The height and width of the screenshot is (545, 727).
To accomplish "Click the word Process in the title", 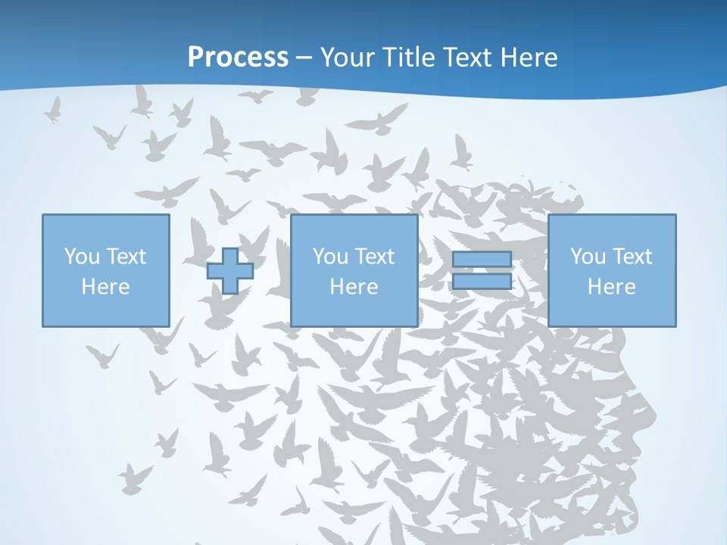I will coord(238,58).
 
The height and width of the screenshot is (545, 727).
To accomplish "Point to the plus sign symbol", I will coord(229,271).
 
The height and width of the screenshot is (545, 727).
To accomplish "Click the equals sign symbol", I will coord(482,271).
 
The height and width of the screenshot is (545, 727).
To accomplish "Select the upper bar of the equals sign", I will coord(482,260).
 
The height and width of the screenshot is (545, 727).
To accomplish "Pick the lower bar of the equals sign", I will coord(482,282).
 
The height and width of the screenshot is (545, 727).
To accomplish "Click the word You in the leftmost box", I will coord(81,257).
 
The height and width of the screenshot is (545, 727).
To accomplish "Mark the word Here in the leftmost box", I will coord(105,287).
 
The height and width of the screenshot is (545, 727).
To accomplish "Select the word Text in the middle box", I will coord(374,257).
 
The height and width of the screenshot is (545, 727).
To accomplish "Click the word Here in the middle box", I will coord(354,287).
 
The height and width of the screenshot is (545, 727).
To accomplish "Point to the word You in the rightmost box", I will coord(587,257).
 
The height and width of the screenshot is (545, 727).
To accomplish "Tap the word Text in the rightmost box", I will coord(632,257).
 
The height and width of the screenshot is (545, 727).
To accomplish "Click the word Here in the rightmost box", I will coord(611,287).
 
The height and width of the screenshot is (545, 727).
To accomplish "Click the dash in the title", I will coord(304,58).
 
